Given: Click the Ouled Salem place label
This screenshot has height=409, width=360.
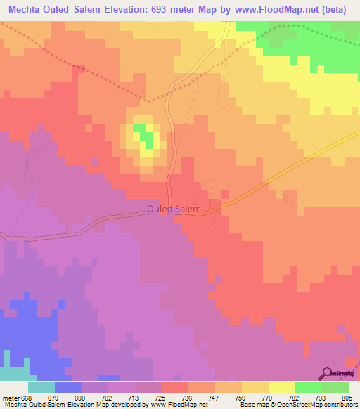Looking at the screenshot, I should tap(174, 209).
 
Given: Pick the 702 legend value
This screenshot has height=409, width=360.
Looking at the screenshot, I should tap(109, 398).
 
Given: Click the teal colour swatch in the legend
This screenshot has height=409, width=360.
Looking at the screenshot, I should tap(41, 387).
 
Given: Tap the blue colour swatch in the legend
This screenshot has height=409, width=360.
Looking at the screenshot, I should tap(68, 387).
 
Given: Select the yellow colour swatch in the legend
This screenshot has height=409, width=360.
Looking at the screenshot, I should tap(282, 387).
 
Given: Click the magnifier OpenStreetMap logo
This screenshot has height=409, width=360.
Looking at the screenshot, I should tap(328, 373).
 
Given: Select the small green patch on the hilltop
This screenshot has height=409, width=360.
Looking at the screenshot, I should tap(141, 129).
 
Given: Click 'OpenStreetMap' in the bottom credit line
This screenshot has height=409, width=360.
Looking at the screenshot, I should tap(300, 405).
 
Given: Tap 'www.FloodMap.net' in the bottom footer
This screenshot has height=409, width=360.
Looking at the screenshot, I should tap(179, 405).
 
